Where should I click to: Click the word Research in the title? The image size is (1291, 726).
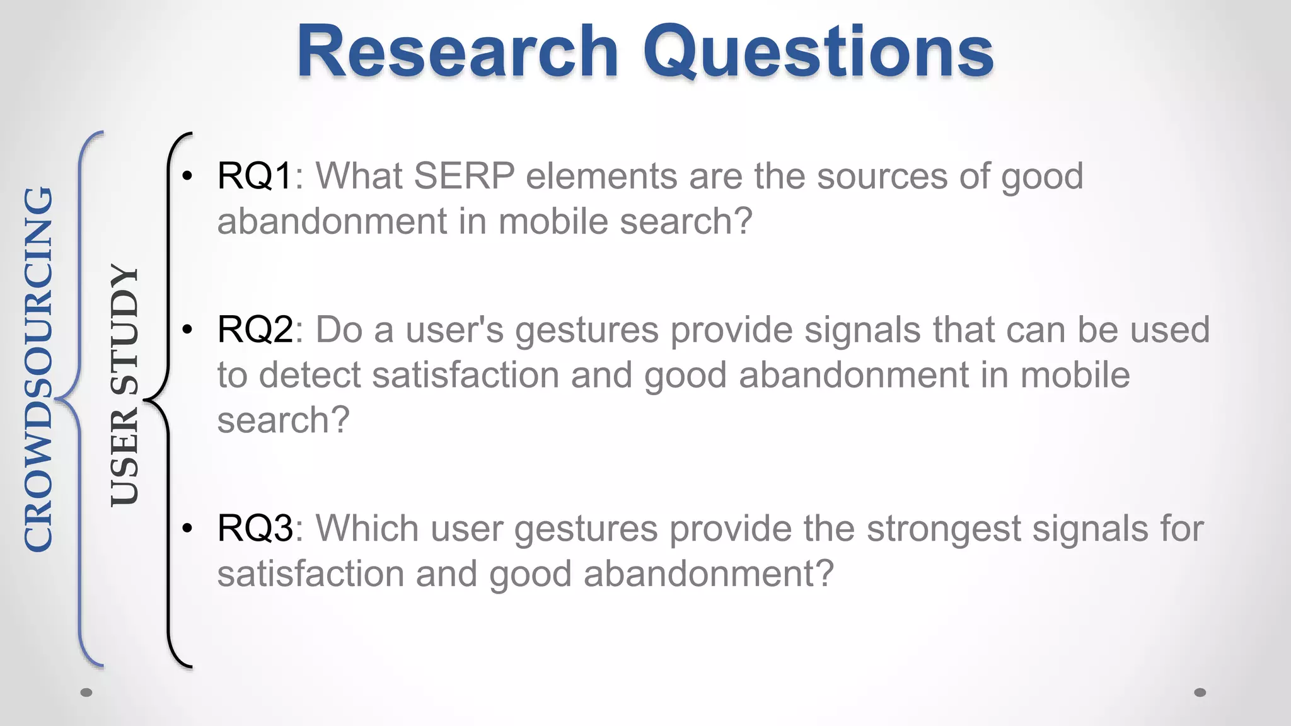click(x=458, y=52)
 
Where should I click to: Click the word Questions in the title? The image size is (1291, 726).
click(x=818, y=53)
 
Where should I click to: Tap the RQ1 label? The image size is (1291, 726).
click(x=255, y=176)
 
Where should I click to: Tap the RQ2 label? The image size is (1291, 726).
click(x=255, y=330)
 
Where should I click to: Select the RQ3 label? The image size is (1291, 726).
click(x=255, y=528)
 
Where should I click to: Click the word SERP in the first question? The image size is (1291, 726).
click(x=464, y=176)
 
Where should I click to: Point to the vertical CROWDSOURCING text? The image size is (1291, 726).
click(x=38, y=369)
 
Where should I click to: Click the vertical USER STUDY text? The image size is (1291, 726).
click(x=124, y=385)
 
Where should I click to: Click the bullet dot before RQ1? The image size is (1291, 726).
click(x=187, y=176)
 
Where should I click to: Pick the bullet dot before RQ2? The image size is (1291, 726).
click(x=187, y=330)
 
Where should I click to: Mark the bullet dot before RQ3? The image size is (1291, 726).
click(x=187, y=528)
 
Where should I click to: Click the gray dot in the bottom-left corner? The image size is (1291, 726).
click(x=87, y=693)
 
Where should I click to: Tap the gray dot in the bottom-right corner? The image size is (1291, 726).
click(x=1200, y=693)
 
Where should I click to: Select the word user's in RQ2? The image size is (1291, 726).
click(x=454, y=330)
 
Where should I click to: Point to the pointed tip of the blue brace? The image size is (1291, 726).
click(x=57, y=399)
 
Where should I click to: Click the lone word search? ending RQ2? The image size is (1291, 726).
click(x=283, y=421)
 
